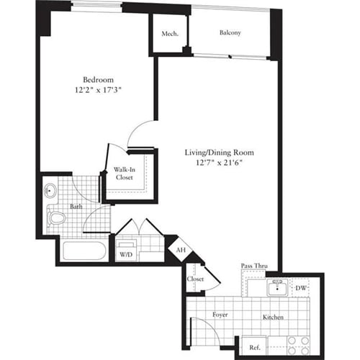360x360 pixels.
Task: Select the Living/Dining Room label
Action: pos(220,153)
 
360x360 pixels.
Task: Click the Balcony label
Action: pos(230,33)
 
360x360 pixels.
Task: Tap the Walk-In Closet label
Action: pos(127,175)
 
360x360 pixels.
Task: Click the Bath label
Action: pos(76,207)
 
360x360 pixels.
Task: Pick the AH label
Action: pos(179,250)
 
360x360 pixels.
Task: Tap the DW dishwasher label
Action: pos(302,289)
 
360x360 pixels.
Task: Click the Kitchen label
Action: pos(272,318)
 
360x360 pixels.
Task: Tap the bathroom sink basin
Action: pos(50,192)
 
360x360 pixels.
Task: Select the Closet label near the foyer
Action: pos(195,279)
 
